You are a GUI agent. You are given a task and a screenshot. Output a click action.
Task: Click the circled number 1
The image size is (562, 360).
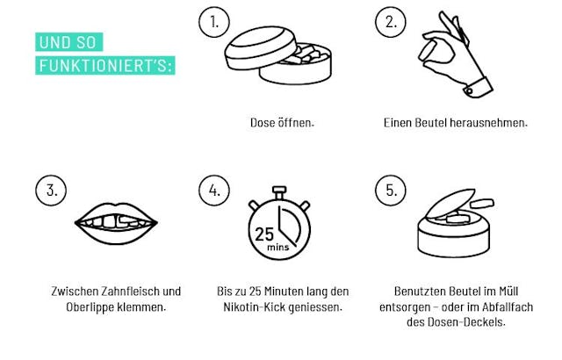tap(214, 22)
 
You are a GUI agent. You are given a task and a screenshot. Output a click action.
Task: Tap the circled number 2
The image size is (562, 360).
tap(391, 22)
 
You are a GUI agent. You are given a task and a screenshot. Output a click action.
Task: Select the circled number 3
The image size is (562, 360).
tap(51, 191)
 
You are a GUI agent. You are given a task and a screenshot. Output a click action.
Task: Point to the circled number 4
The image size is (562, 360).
tap(214, 191)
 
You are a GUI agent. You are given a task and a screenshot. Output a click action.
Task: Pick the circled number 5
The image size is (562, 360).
tap(391, 191)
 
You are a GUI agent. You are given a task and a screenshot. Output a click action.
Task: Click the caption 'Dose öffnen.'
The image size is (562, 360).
tap(282, 123)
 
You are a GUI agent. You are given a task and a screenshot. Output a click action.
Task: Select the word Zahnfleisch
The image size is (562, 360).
tap(130, 291)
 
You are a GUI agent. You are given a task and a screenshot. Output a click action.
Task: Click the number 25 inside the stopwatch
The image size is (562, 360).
tap(264, 234)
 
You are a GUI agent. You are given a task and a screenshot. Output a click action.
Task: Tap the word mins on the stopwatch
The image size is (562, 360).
tap(277, 247)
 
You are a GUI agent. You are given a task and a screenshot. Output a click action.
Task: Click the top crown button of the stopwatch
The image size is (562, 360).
tap(279, 191)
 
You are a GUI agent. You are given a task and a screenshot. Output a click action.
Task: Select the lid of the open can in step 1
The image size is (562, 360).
tap(261, 47)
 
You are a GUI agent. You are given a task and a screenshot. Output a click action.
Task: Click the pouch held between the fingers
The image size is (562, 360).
tap(429, 51)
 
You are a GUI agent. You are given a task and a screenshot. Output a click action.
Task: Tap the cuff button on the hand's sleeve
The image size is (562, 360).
tap(469, 91)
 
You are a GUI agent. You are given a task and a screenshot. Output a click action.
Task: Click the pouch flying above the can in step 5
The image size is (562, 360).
tap(482, 205)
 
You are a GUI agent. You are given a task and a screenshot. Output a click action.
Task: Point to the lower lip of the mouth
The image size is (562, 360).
tap(115, 235)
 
